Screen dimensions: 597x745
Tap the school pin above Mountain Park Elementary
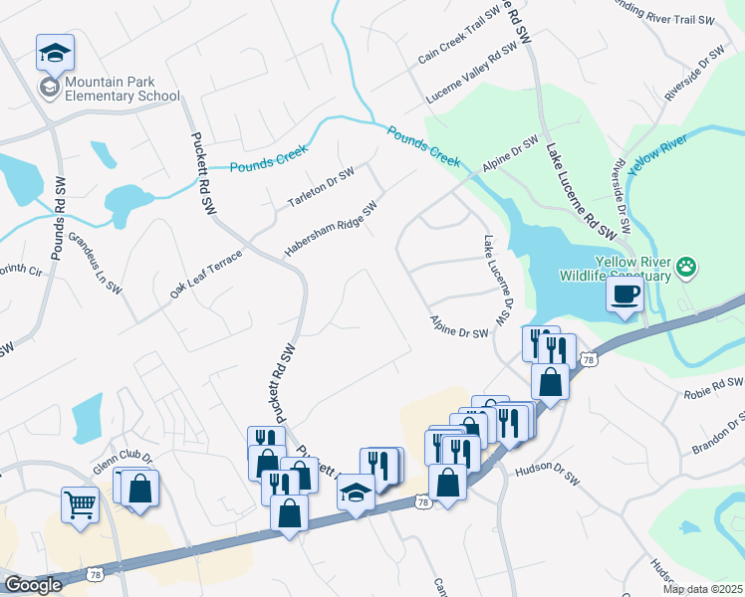[56, 52]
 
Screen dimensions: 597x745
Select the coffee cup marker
[624, 295]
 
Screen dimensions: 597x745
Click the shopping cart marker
[80, 503]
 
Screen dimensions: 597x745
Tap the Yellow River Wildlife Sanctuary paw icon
[685, 267]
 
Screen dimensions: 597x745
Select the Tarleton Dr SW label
[321, 188]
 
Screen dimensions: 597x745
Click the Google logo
[32, 585]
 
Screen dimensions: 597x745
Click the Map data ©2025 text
[701, 589]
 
